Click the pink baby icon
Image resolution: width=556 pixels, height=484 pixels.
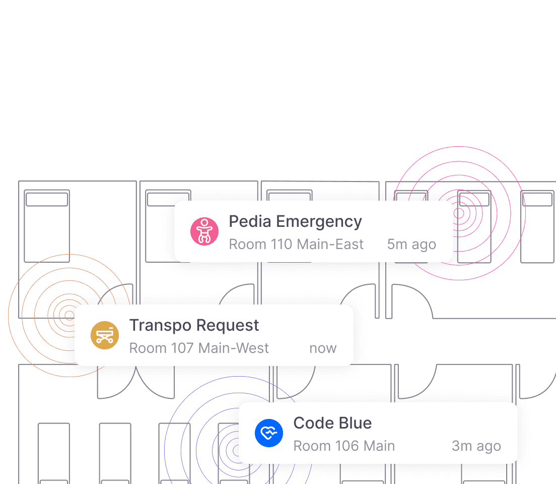[x=204, y=232]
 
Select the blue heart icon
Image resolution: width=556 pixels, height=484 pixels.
[x=269, y=433]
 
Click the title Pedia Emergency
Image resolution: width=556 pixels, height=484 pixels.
[x=295, y=222]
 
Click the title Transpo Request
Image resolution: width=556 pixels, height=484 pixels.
[x=194, y=326]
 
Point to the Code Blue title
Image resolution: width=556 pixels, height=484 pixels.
[x=332, y=423]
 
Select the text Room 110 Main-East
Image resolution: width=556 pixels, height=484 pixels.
[x=296, y=245]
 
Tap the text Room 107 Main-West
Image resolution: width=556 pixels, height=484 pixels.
[x=199, y=348]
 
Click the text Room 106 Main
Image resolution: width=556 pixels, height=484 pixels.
[x=344, y=446]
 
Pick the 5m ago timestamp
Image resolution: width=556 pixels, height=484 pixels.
[x=411, y=245]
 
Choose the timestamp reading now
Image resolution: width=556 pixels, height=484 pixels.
[x=323, y=348]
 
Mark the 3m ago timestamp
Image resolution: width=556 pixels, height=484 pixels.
[x=476, y=446]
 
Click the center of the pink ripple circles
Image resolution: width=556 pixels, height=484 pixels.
[x=459, y=213]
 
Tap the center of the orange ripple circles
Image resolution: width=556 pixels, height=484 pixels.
[x=69, y=316]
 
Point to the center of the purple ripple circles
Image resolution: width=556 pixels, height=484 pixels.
[x=236, y=448]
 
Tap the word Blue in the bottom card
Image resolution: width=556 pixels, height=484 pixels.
[x=355, y=423]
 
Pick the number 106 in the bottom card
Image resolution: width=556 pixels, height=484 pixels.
[x=345, y=446]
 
